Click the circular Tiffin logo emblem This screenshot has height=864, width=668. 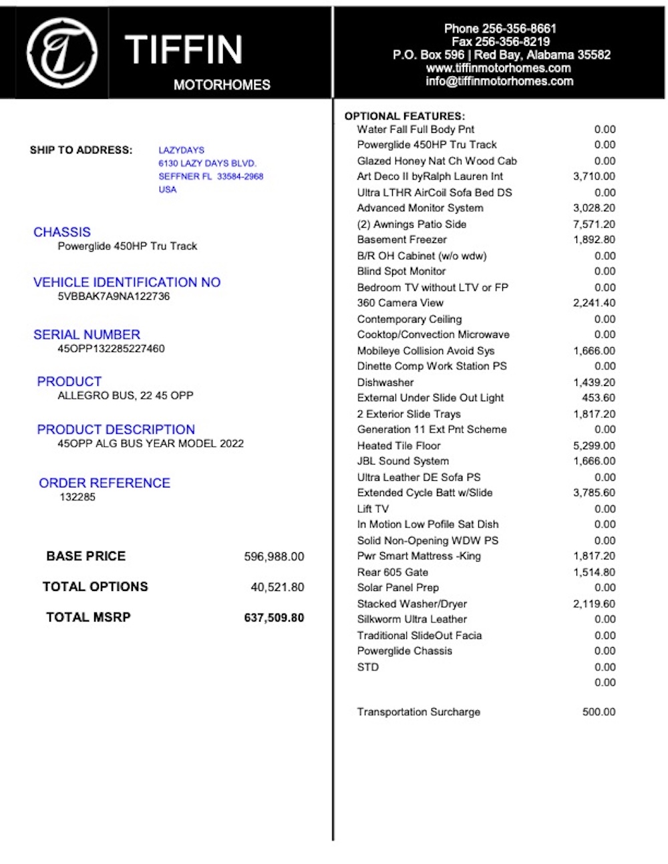pyautogui.click(x=62, y=53)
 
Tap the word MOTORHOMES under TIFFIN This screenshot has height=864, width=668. pyautogui.click(x=222, y=85)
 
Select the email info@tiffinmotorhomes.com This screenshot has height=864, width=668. pyautogui.click(x=500, y=81)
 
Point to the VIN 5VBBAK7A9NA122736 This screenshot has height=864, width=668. pyautogui.click(x=114, y=296)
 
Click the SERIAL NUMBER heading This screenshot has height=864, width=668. pyautogui.click(x=87, y=335)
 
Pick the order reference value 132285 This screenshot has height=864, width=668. pyautogui.click(x=77, y=497)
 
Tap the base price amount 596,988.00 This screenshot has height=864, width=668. pyautogui.click(x=274, y=557)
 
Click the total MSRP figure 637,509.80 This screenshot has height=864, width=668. pyautogui.click(x=274, y=618)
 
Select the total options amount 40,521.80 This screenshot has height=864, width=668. pyautogui.click(x=277, y=588)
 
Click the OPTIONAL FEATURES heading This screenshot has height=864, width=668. pyautogui.click(x=404, y=116)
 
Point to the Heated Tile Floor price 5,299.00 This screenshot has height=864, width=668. pyautogui.click(x=594, y=446)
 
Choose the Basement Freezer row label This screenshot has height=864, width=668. pyautogui.click(x=401, y=240)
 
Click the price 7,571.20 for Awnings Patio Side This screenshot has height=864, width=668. pyautogui.click(x=594, y=224)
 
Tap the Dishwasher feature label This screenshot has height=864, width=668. pyautogui.click(x=385, y=383)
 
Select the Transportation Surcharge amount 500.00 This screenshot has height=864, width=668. pyautogui.click(x=599, y=712)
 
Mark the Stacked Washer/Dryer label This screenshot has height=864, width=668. pyautogui.click(x=411, y=604)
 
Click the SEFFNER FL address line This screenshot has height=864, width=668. pyautogui.click(x=210, y=177)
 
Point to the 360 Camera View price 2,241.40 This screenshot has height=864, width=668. pyautogui.click(x=594, y=303)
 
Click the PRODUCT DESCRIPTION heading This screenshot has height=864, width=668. pyautogui.click(x=116, y=430)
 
